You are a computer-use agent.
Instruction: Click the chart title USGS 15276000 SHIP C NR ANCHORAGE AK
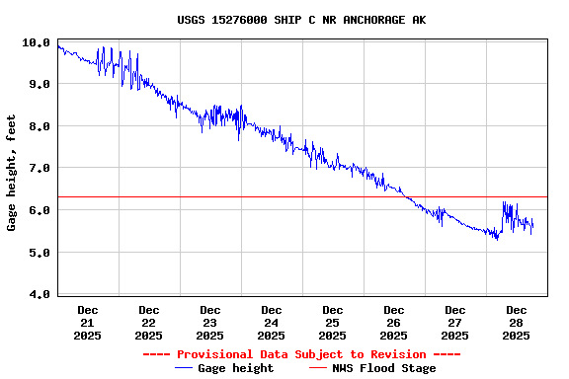[302, 20]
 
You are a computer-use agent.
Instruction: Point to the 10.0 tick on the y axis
[38, 42]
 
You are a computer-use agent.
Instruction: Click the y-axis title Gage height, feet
[12, 173]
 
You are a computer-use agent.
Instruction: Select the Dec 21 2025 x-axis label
[87, 323]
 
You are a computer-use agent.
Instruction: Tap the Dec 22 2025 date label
[148, 323]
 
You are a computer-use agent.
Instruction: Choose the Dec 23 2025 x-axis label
[209, 323]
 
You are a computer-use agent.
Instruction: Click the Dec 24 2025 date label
[271, 323]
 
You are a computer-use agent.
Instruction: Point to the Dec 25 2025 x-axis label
[332, 323]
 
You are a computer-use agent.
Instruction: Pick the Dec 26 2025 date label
[393, 323]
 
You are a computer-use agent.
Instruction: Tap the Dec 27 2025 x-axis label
[454, 323]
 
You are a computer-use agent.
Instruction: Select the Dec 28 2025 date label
[516, 323]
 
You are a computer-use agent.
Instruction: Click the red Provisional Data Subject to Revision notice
[301, 354]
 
